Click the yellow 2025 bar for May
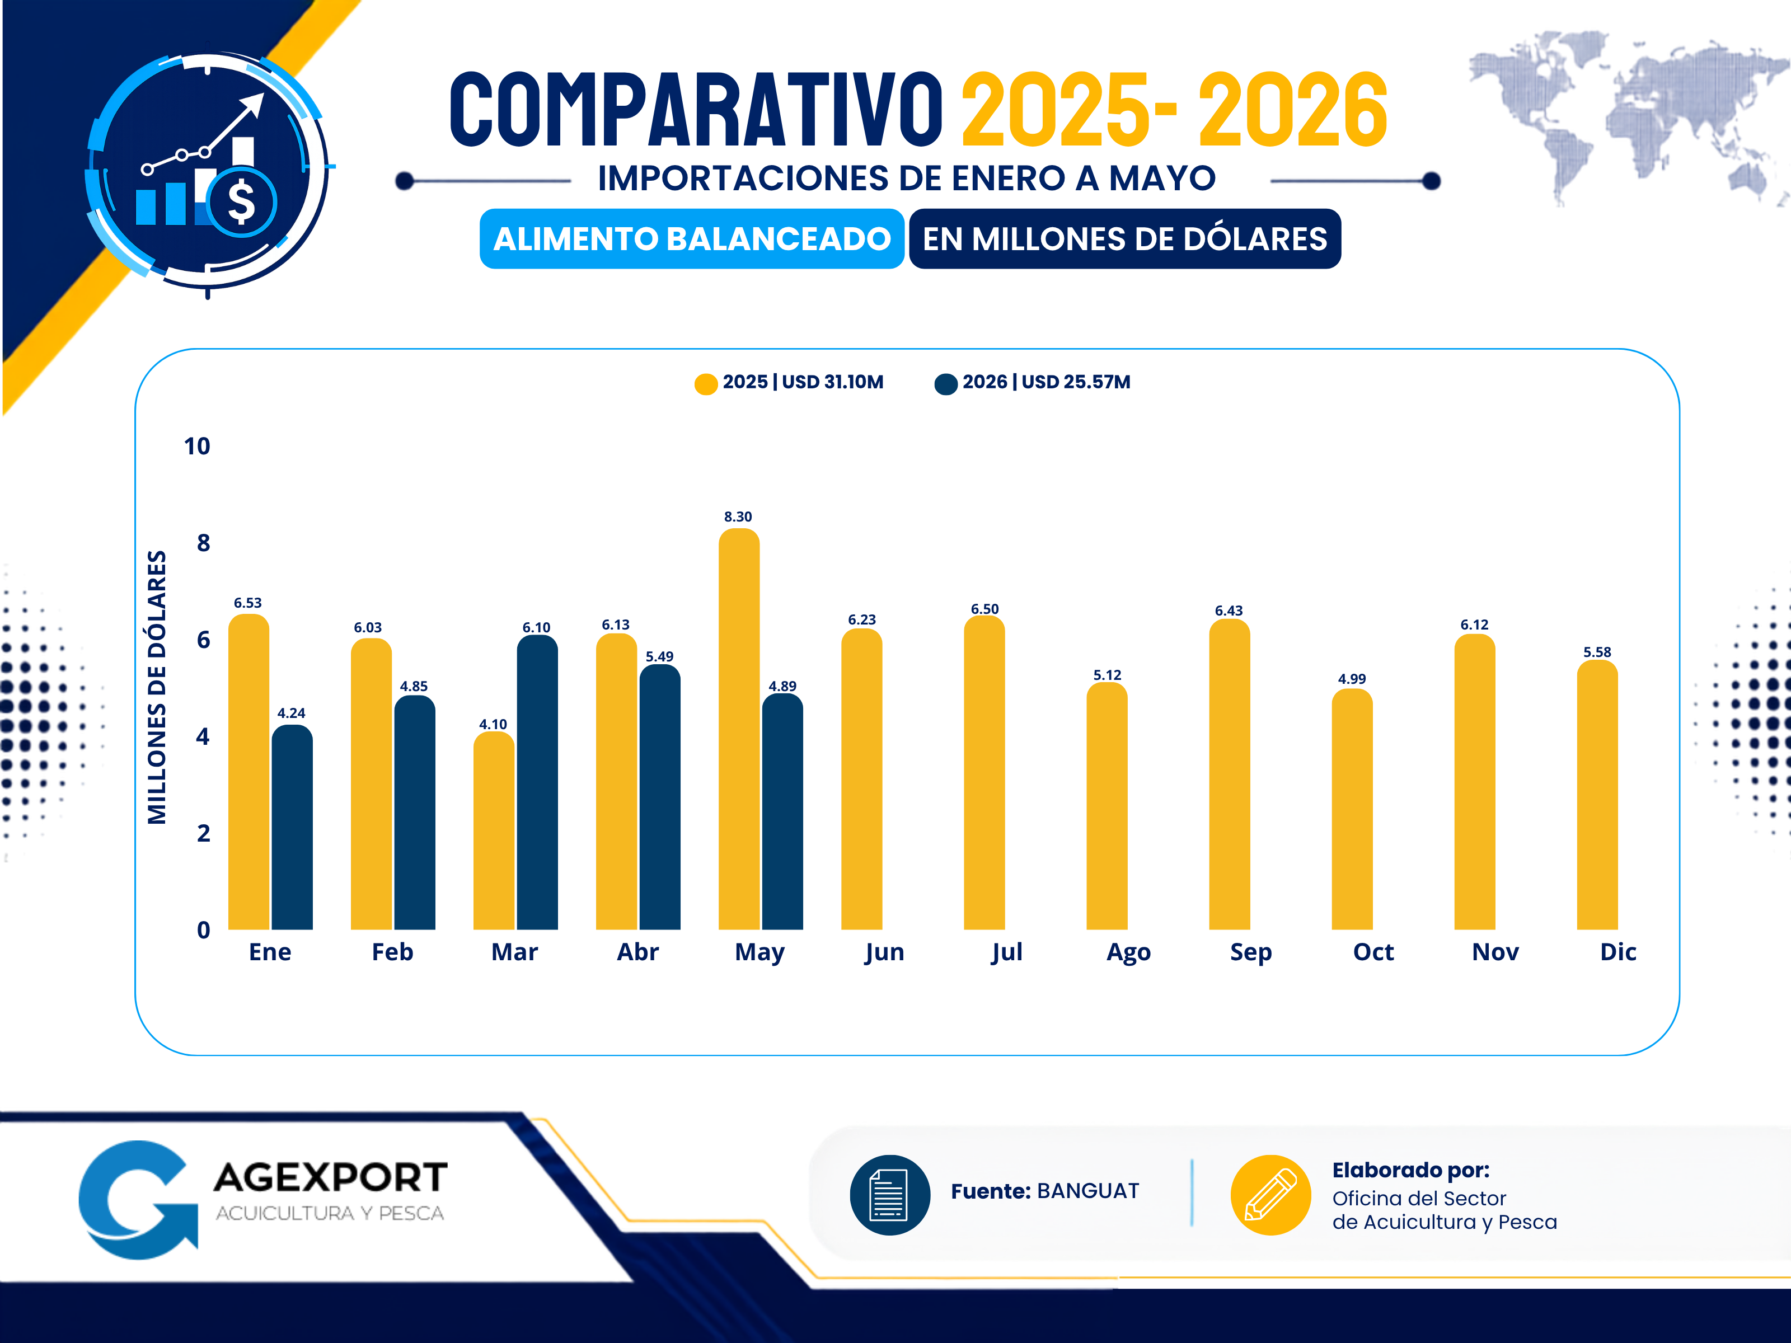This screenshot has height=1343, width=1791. click(x=738, y=729)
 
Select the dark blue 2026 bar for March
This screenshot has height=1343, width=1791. click(x=537, y=782)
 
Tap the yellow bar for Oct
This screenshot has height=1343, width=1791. click(x=1351, y=809)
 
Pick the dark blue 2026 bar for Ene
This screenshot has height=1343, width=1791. click(x=292, y=827)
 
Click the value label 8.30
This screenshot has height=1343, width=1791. click(x=738, y=516)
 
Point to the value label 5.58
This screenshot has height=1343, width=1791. click(x=1597, y=652)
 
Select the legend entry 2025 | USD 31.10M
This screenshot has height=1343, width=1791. click(x=789, y=382)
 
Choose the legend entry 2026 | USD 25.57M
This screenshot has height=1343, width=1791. click(x=1032, y=382)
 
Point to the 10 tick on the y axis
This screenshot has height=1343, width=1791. click(x=197, y=446)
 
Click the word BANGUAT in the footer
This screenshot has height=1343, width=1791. click(x=1087, y=1191)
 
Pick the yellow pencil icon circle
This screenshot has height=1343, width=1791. click(x=1270, y=1194)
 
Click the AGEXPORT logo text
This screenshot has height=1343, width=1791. click(x=330, y=1177)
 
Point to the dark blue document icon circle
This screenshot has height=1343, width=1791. click(x=890, y=1194)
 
